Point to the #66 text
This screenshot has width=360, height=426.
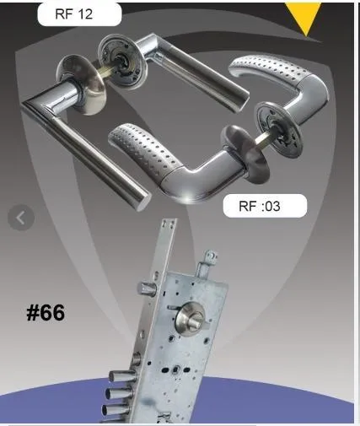tap(46, 312)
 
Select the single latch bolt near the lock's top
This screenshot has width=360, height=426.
tap(147, 288)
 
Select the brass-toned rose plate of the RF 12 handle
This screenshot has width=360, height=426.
tap(82, 84)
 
